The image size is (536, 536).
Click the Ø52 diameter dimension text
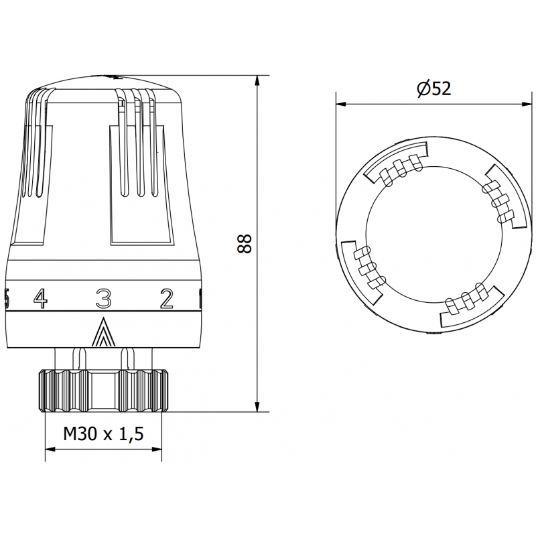pos(433,88)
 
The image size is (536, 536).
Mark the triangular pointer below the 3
pos(103,333)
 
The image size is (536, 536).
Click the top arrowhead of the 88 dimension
pos(258,81)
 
